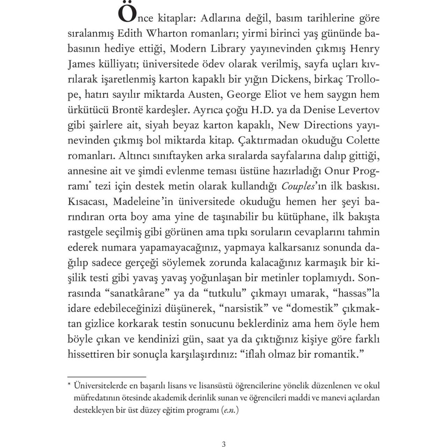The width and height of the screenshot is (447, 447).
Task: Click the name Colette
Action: [x=362, y=140]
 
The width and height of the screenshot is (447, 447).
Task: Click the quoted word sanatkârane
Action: [x=140, y=294]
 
